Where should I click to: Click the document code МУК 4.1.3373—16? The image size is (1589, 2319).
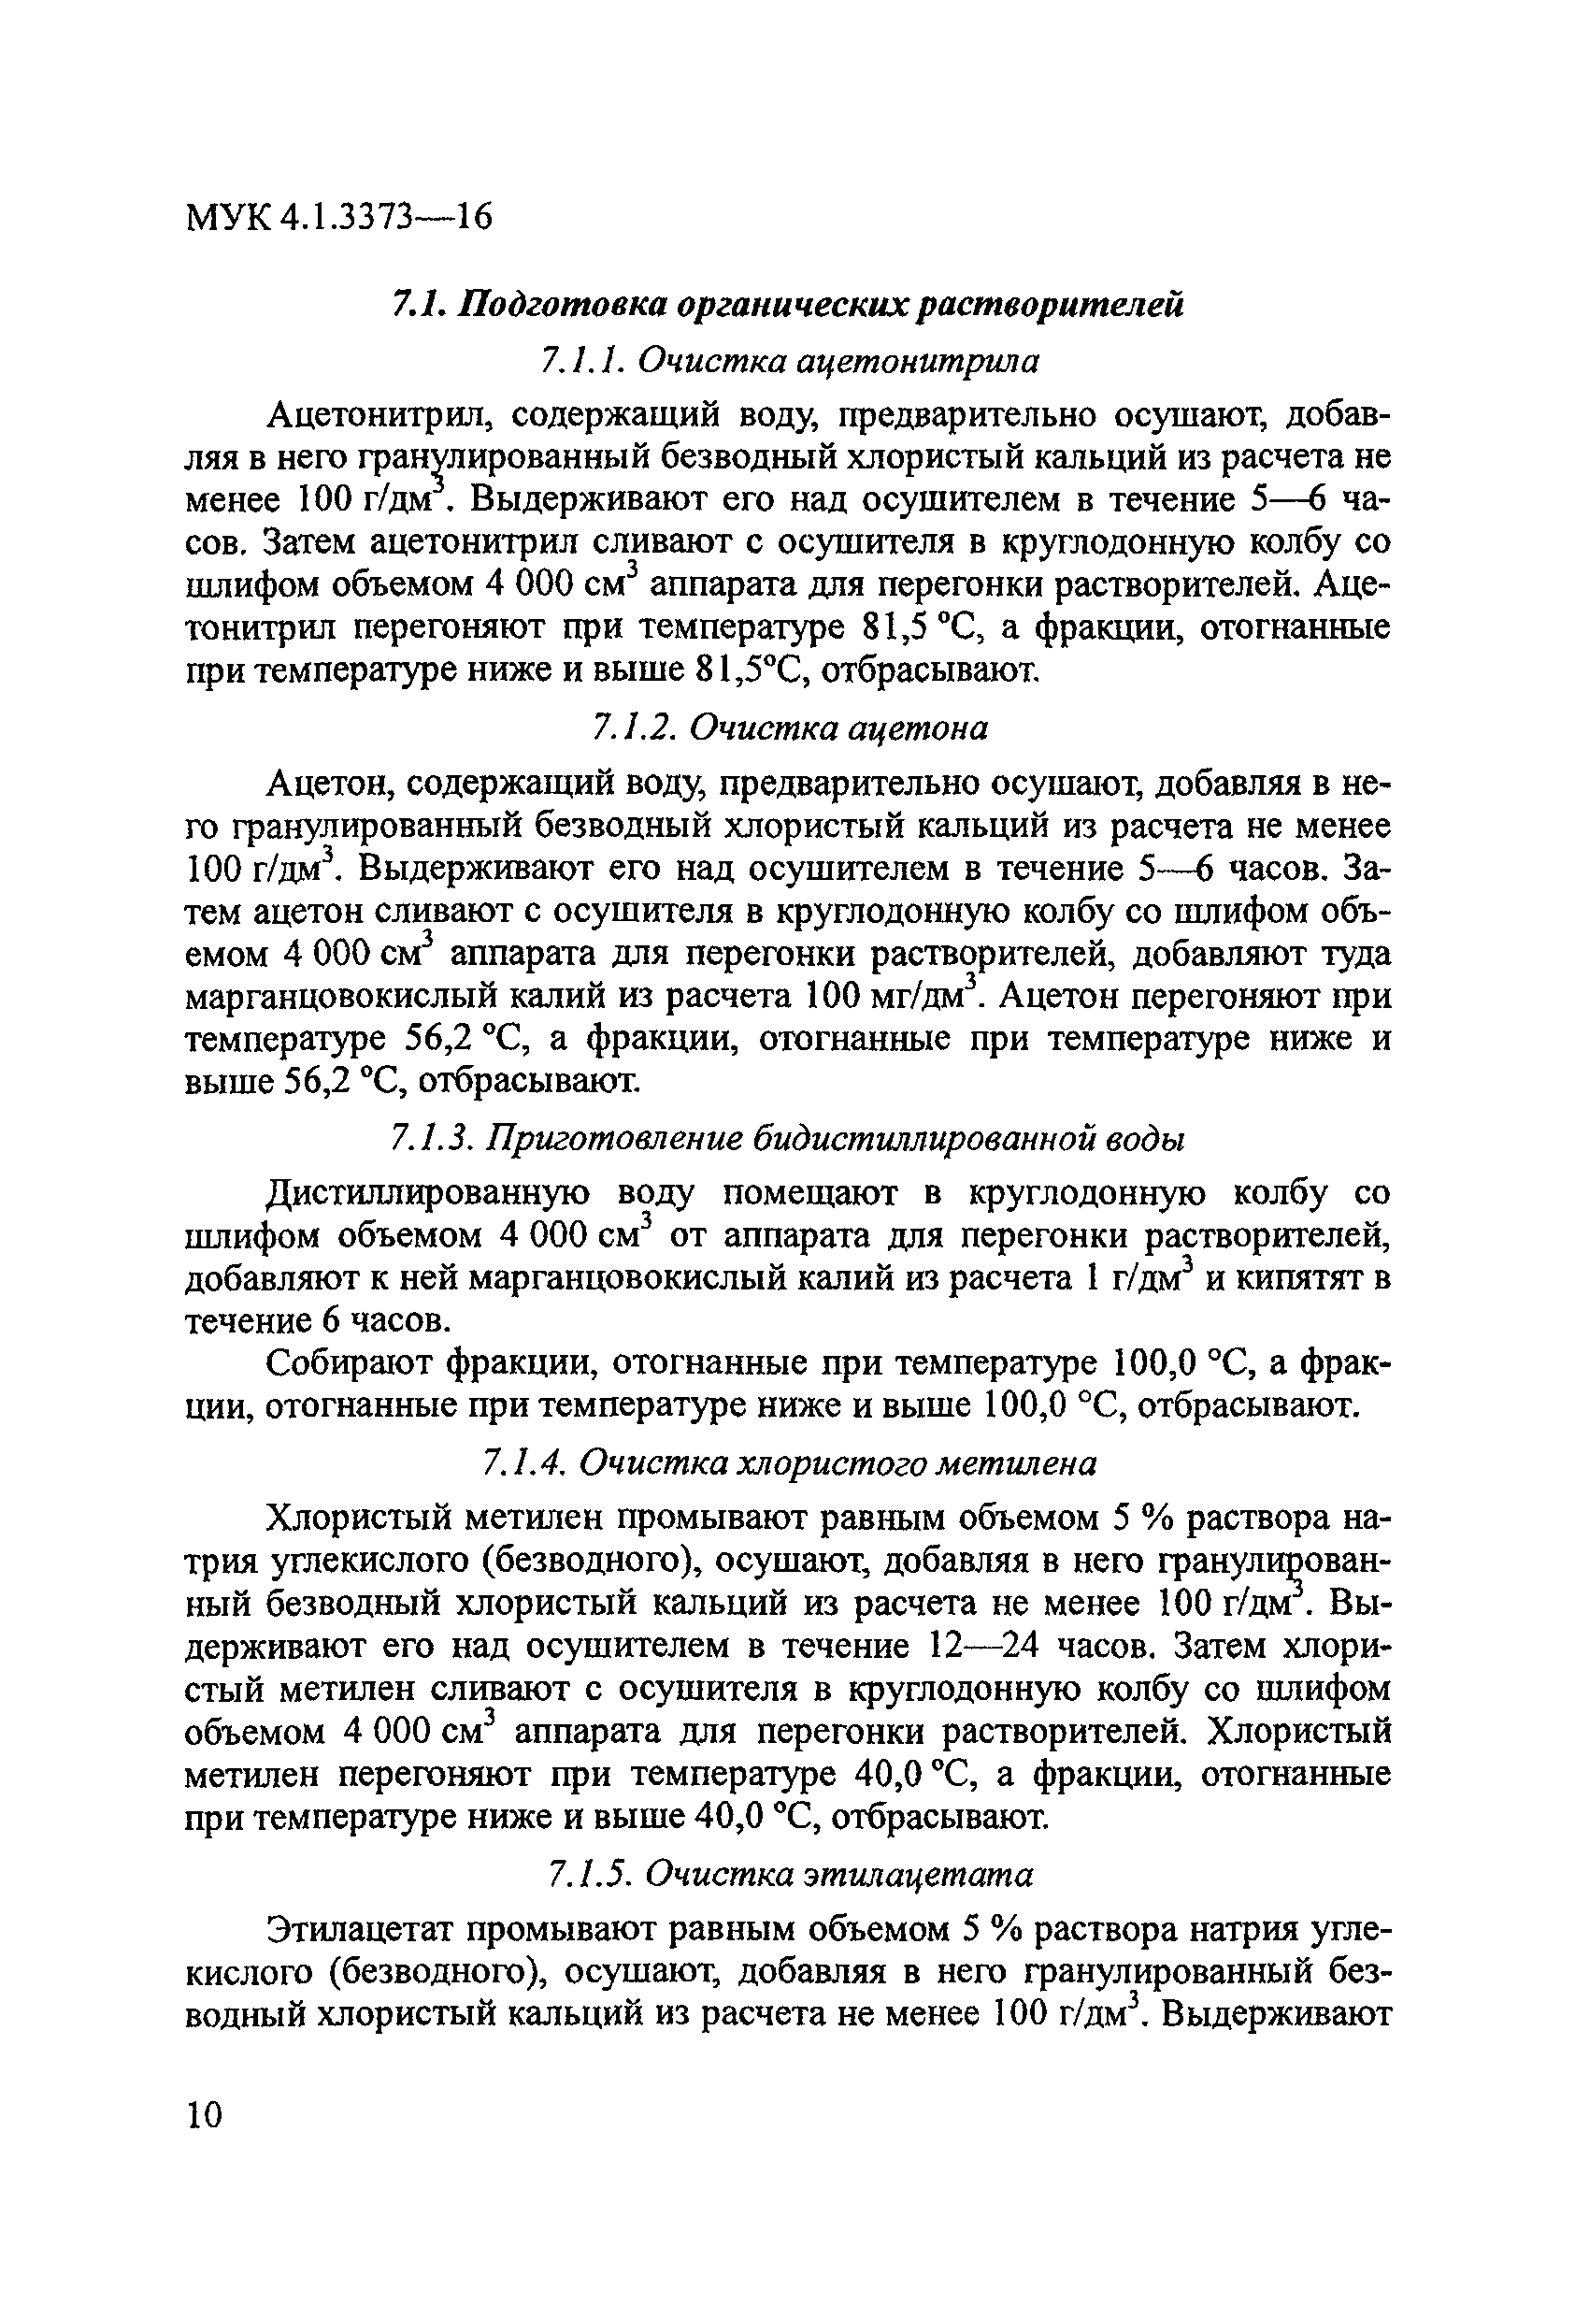point(339,217)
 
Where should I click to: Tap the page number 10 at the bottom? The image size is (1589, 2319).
point(205,2113)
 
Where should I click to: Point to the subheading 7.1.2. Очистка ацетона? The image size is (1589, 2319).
point(789,728)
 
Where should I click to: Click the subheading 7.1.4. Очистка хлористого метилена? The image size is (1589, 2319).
point(789,1462)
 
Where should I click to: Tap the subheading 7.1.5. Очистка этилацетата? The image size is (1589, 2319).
point(791,1875)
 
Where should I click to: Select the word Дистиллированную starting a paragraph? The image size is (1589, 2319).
point(429,1192)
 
